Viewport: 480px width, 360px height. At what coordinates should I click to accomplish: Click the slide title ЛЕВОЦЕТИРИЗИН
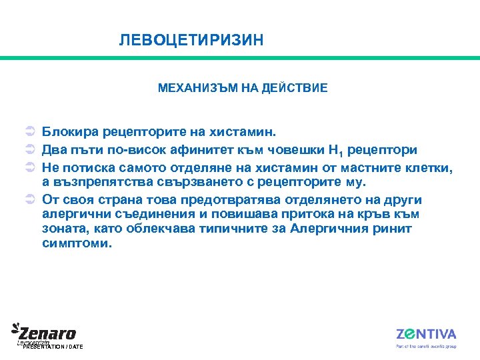[x=191, y=41]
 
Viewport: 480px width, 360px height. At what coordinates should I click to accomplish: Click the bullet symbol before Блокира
[x=30, y=135]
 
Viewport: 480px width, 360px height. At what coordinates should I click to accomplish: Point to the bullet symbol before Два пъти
[x=30, y=151]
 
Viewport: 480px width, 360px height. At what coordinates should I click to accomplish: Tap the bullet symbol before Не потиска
[x=30, y=167]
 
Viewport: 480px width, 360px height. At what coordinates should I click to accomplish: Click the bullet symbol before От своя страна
[x=30, y=199]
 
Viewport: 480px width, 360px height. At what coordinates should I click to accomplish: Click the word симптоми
[x=77, y=243]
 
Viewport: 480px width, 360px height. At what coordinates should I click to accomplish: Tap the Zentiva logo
[x=426, y=335]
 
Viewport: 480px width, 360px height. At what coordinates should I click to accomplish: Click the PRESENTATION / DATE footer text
[x=53, y=347]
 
